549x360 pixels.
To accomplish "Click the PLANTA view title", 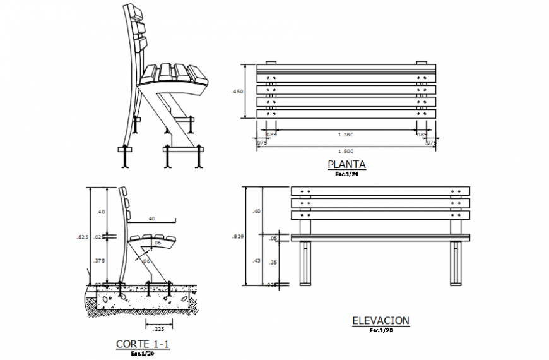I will (346, 165).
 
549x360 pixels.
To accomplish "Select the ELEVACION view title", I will (381, 321).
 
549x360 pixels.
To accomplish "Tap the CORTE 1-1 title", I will (143, 344).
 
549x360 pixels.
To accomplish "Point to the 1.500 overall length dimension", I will (345, 152).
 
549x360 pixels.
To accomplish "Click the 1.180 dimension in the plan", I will (345, 134).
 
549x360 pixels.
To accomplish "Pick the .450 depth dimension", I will (237, 92).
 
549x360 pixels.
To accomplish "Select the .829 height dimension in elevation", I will (237, 237).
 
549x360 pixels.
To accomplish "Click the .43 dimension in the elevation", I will (256, 260).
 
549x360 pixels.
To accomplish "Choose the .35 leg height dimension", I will (273, 263).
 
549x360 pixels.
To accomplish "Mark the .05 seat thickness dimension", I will (273, 238).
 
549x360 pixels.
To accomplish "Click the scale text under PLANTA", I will (346, 174).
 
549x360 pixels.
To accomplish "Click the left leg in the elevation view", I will (305, 263).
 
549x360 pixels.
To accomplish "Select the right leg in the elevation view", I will (455, 263).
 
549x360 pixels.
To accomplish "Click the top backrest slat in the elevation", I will (380, 191).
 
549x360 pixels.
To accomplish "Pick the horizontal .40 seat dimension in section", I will (151, 219).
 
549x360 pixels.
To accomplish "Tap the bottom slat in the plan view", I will (345, 114).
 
